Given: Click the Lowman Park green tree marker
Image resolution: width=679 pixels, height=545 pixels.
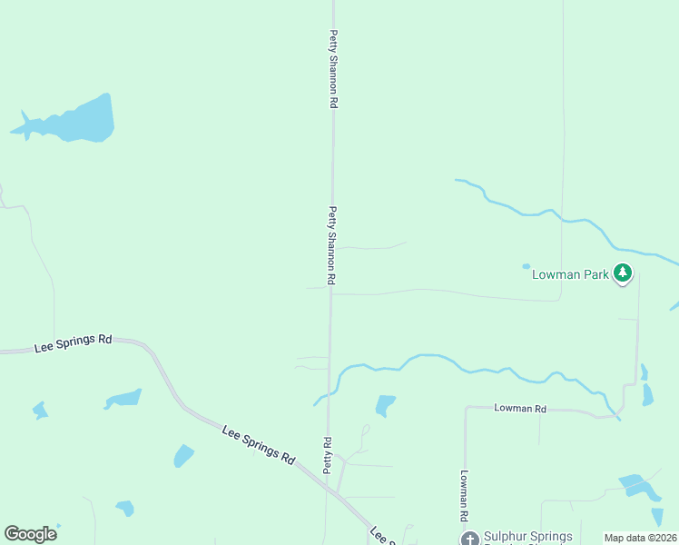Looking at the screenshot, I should click(622, 272).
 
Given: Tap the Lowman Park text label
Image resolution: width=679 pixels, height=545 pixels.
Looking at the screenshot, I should click(569, 272).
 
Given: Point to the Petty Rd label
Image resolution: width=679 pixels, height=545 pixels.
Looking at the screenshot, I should click(327, 454).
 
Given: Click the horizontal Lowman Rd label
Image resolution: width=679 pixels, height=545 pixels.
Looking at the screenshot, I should click(520, 409).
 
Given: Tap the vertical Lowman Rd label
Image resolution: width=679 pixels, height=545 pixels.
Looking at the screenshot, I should click(463, 494).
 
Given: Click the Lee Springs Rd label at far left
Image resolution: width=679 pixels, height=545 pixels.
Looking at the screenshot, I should click(73, 342).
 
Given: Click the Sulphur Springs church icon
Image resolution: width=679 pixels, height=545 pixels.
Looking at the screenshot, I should click(469, 539).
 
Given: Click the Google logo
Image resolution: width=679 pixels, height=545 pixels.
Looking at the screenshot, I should click(30, 533).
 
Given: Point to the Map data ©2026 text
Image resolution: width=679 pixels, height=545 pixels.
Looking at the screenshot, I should click(640, 538).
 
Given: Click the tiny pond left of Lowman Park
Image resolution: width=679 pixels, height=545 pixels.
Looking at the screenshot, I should click(526, 266).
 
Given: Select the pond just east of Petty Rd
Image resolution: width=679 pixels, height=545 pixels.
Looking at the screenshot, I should click(385, 404).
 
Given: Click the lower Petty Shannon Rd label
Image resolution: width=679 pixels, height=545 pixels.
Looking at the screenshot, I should click(333, 247).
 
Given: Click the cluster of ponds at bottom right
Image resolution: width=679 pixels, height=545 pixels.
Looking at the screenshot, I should click(641, 487).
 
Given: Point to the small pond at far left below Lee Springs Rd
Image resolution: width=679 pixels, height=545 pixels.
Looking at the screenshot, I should click(39, 411).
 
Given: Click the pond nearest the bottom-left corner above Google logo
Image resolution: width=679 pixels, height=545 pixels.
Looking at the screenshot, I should click(125, 508).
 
